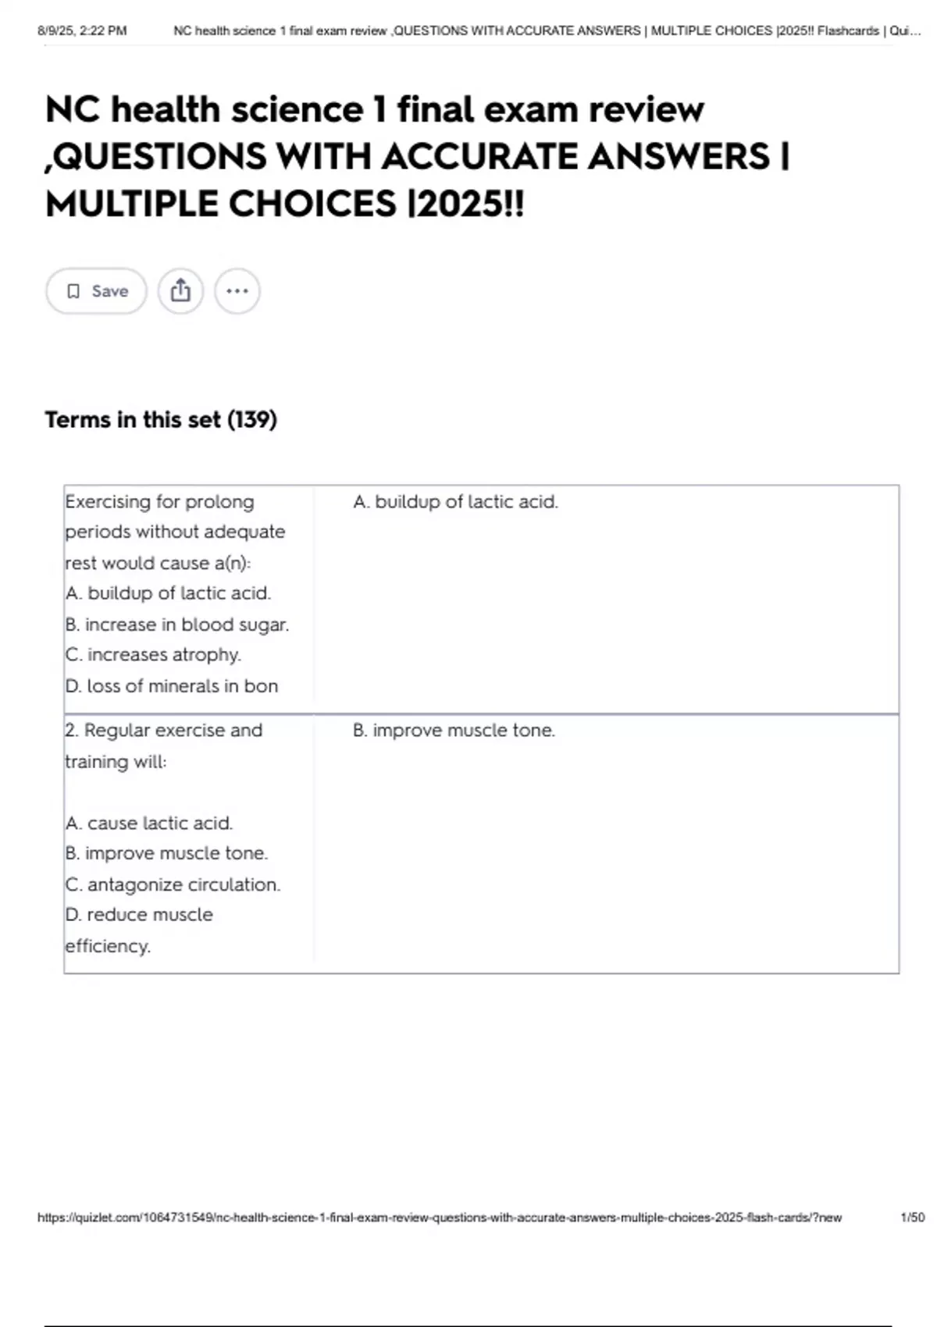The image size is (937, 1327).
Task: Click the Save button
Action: pyautogui.click(x=96, y=291)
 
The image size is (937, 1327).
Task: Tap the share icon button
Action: pyautogui.click(x=180, y=291)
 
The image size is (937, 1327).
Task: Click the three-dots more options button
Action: pyautogui.click(x=237, y=291)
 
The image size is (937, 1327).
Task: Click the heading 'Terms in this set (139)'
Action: pyautogui.click(x=161, y=420)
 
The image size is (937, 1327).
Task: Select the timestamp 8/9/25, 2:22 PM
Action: pyautogui.click(x=82, y=31)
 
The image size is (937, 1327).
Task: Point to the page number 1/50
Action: pyautogui.click(x=912, y=1217)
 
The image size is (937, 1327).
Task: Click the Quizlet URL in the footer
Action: pyautogui.click(x=440, y=1217)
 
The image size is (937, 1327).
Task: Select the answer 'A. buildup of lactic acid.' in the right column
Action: pyautogui.click(x=455, y=502)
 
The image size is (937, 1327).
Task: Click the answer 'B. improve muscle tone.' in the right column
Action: pyautogui.click(x=454, y=731)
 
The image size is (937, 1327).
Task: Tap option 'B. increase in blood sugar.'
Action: pyautogui.click(x=177, y=624)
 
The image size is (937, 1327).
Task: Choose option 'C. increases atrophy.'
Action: pyautogui.click(x=153, y=655)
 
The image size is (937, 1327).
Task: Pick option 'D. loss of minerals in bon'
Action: pyautogui.click(x=172, y=686)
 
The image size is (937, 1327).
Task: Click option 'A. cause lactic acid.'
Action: pyautogui.click(x=149, y=824)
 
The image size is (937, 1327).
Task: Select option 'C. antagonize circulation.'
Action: pyautogui.click(x=173, y=884)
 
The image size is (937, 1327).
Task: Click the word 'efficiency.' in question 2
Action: pyautogui.click(x=108, y=946)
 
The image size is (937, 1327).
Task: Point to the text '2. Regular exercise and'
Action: pyautogui.click(x=164, y=731)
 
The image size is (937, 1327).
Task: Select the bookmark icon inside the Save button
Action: pyautogui.click(x=73, y=291)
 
